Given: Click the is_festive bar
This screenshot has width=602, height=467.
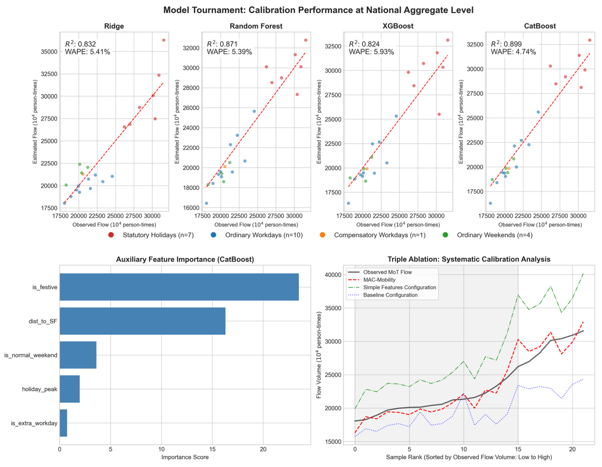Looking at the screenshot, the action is tap(179, 287).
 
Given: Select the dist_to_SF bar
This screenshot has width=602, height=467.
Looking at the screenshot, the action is tap(142, 321).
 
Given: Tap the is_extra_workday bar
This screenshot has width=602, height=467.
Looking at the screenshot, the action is tap(63, 423).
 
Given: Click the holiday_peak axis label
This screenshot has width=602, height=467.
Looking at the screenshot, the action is tap(40, 389).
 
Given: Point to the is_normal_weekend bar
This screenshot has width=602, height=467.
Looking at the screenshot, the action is tap(78, 355).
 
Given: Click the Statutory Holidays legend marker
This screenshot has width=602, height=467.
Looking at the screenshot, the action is tap(111, 235).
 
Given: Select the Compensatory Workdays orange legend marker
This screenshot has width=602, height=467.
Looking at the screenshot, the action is tap(322, 235).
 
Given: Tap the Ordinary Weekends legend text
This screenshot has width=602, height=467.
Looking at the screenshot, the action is tap(494, 235).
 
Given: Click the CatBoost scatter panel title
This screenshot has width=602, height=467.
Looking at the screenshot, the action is tap(540, 26).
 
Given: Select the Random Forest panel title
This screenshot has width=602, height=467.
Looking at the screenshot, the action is tap(256, 26).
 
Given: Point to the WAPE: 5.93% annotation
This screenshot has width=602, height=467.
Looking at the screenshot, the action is tap(371, 52).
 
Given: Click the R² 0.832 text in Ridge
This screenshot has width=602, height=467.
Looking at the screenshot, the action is tap(80, 44).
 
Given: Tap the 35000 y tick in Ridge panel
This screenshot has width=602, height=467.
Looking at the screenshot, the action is tap(49, 52).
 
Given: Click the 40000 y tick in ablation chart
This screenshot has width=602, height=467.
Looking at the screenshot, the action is tap(333, 275).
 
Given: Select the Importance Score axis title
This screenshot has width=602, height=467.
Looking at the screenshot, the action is tap(185, 457).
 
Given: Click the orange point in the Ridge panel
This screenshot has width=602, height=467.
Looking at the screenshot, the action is tap(83, 174).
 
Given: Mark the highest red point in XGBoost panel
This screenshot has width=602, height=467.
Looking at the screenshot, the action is tap(448, 40).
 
